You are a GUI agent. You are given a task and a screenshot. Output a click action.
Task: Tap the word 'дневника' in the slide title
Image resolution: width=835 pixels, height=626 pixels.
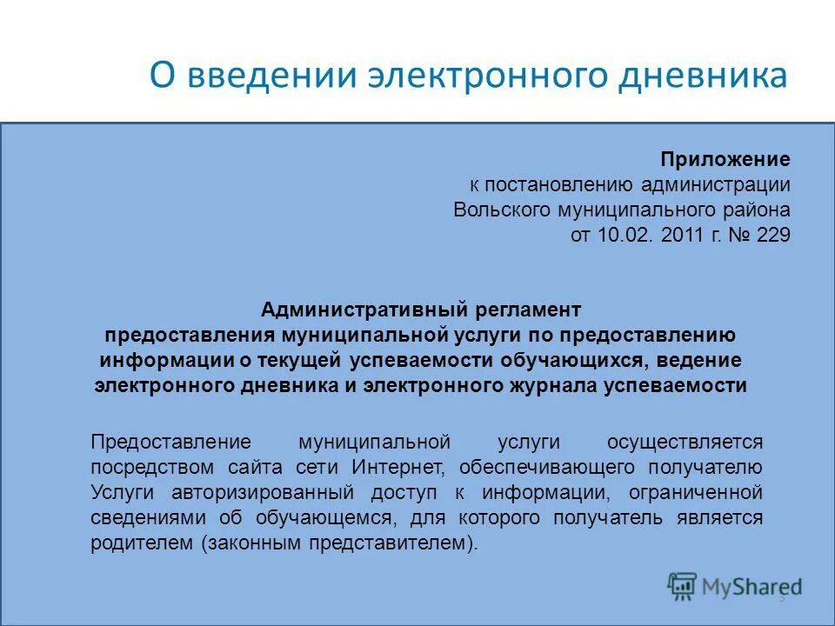(704, 76)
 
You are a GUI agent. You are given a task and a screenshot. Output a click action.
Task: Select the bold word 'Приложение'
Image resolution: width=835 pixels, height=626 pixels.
(725, 160)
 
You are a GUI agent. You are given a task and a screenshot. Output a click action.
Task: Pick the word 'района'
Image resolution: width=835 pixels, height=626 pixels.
(756, 210)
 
